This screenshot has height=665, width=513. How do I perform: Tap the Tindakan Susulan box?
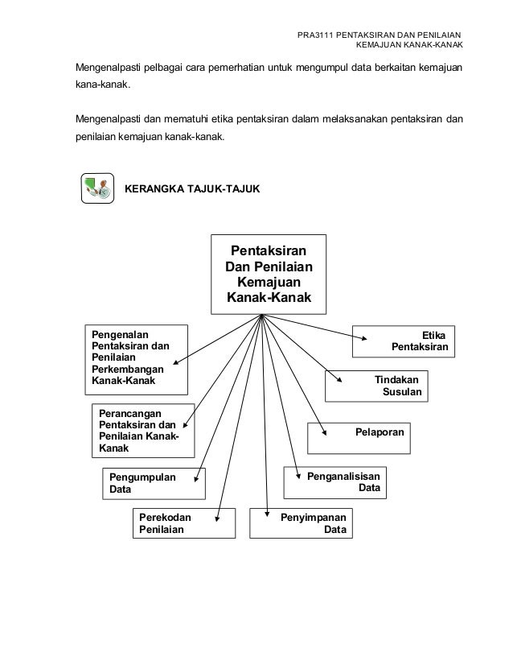pyautogui.click(x=376, y=386)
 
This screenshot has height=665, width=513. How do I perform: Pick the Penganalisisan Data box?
pyautogui.click(x=334, y=481)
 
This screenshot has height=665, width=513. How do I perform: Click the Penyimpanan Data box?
pyautogui.click(x=301, y=522)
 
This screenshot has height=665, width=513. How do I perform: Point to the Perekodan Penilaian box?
pyautogui.click(x=184, y=522)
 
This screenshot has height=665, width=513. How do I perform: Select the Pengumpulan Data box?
pyautogui.click(x=153, y=482)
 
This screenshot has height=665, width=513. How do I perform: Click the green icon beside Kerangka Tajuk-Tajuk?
pyautogui.click(x=97, y=188)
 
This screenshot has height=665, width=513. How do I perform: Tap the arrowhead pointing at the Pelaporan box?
pyautogui.click(x=324, y=431)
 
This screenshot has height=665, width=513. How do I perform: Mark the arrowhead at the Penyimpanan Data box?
pyautogui.click(x=266, y=512)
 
